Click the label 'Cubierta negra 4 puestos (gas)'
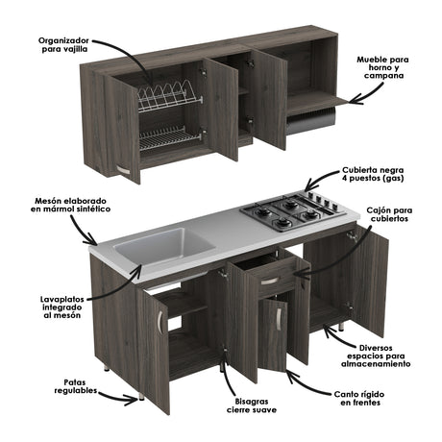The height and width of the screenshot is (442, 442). click(381, 174)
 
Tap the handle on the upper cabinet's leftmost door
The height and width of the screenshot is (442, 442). click(123, 172)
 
